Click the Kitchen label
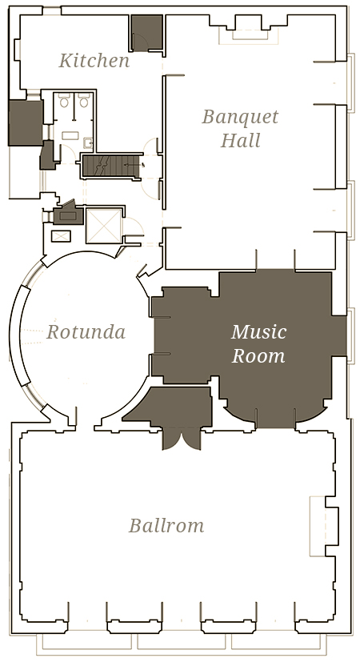(x=94, y=60)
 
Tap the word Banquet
(x=240, y=117)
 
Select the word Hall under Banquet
(x=241, y=140)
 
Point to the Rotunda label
(x=86, y=332)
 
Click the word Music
(x=258, y=332)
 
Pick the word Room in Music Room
(x=258, y=355)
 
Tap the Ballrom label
(x=166, y=526)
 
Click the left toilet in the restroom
(x=64, y=101)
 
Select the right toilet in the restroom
(x=84, y=101)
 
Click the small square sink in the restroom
(x=88, y=143)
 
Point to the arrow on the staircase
(x=134, y=165)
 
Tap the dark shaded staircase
(x=112, y=167)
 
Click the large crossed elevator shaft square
(x=104, y=226)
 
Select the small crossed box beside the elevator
(x=61, y=236)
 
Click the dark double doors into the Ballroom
(x=182, y=439)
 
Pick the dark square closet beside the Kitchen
(x=147, y=33)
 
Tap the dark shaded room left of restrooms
(x=26, y=122)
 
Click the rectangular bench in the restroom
(x=70, y=135)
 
